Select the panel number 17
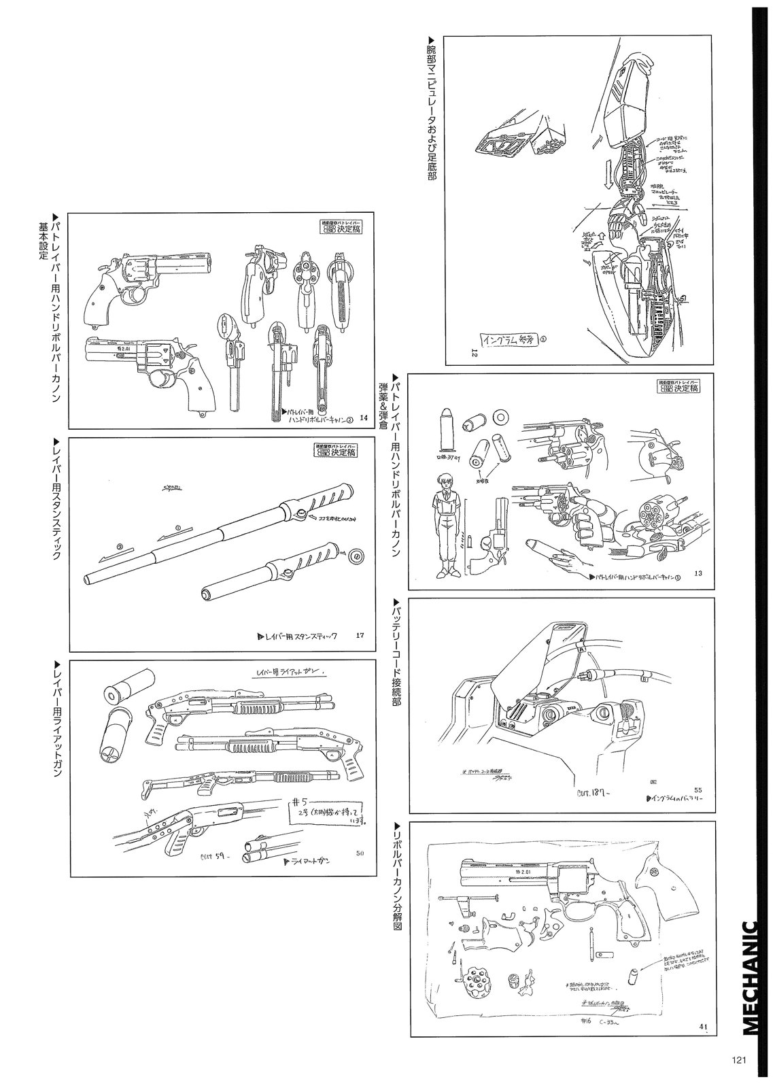point(360,636)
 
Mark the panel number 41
point(703,1026)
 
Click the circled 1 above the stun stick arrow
point(177,527)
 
